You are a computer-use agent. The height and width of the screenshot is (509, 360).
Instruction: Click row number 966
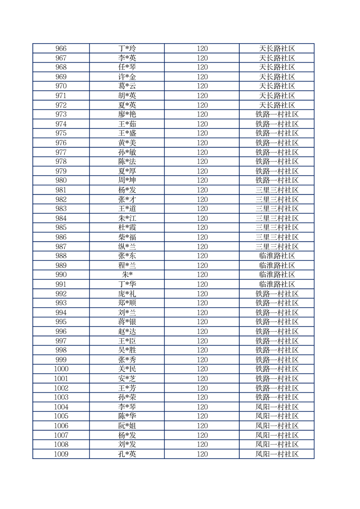[61, 49]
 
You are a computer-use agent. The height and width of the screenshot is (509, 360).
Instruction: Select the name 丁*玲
[127, 49]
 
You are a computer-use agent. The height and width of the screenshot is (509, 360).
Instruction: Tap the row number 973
[61, 114]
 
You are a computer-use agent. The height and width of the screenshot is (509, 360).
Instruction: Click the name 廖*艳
[127, 114]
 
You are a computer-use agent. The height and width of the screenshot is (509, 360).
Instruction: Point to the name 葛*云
[127, 86]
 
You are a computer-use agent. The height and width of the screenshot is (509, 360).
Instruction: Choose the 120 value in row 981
[202, 190]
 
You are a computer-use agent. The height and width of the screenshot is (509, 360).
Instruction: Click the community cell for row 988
[277, 256]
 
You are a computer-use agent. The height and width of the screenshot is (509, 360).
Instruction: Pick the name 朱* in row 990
[127, 275]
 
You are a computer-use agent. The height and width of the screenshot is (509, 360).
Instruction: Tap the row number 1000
[61, 369]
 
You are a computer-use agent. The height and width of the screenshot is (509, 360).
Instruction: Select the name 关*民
[127, 369]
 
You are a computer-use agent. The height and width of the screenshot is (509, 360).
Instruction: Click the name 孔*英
[127, 454]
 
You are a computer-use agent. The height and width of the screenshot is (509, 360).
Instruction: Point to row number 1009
[61, 454]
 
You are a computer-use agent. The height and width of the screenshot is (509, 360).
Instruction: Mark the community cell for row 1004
[277, 407]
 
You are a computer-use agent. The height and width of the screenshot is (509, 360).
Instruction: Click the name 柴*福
[127, 237]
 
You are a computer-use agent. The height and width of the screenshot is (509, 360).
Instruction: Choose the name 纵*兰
[127, 246]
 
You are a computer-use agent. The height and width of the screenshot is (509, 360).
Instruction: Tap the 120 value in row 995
[202, 322]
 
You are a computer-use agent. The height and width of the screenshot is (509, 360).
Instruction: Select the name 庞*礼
[127, 294]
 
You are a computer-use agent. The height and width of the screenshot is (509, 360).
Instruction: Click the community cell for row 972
[277, 105]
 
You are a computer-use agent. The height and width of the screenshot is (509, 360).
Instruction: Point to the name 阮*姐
[127, 426]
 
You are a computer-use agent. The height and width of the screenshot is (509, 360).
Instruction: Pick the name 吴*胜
[127, 350]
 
